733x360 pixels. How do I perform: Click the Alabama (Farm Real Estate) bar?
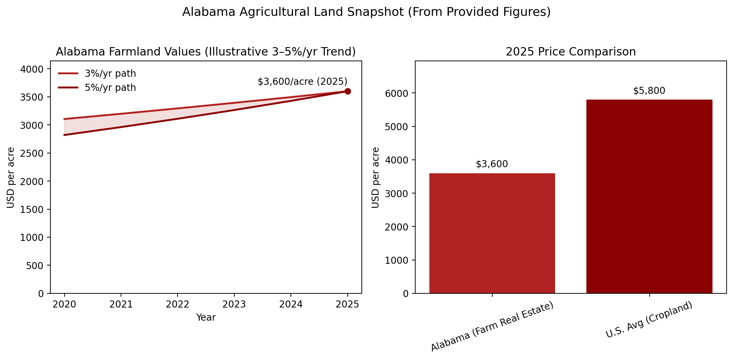pos(492,233)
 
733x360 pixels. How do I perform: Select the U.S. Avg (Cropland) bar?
pos(649,196)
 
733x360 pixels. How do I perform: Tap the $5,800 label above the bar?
pos(649,91)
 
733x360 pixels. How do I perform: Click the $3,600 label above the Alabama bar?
pos(492,164)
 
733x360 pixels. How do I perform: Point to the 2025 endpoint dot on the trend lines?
pos(348,92)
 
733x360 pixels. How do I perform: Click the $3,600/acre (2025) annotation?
pos(302,82)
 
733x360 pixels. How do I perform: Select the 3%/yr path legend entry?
pos(110,73)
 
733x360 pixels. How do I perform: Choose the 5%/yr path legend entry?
pos(110,87)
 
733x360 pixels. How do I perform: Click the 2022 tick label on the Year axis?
pos(178,304)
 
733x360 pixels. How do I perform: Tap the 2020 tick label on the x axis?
pos(64,304)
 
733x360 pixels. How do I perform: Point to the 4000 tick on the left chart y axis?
pos(32,69)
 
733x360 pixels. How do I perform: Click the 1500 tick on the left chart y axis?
pos(32,210)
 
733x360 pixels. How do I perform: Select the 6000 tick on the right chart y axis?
pos(397,94)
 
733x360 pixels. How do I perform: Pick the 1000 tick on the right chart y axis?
pos(397,260)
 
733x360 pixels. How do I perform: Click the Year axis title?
pos(206,317)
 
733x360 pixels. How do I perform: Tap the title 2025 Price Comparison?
pos(571,52)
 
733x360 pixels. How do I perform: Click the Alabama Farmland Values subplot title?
pos(206,52)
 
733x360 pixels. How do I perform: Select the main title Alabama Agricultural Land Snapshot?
pos(366,12)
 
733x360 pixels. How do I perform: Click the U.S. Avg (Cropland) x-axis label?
pos(649,320)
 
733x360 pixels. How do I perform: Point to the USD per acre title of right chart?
pos(376,177)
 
